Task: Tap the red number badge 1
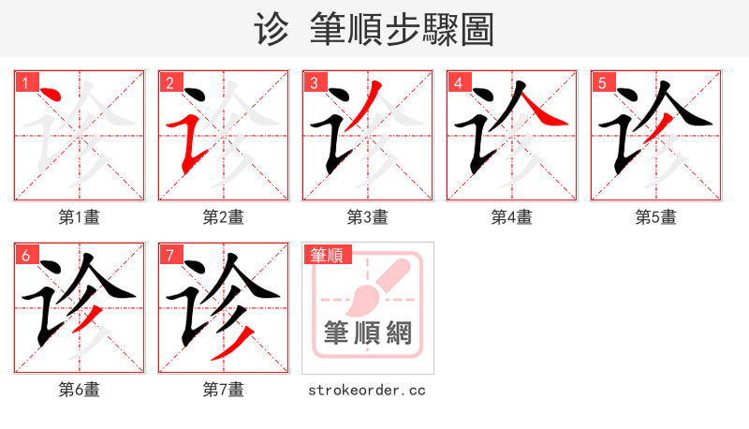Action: point(25,82)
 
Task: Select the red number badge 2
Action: point(169,82)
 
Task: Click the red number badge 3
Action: point(314,82)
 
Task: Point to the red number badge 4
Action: point(458,82)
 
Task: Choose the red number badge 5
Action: point(602,82)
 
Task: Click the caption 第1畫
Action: point(80,217)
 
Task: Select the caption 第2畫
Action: point(224,217)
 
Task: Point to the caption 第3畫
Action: point(368,217)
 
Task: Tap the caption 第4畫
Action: point(512,217)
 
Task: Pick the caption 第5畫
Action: point(656,217)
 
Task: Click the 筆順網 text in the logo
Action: point(368,333)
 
